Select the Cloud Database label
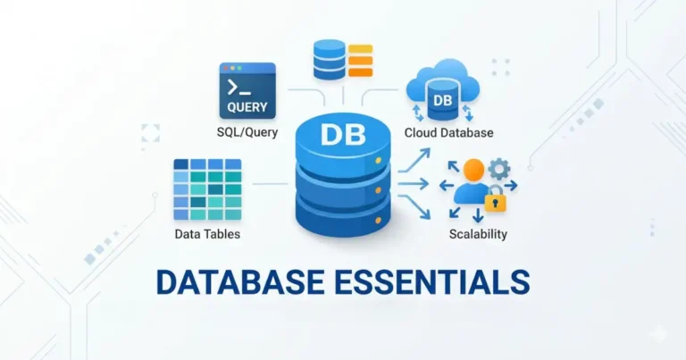(448, 133)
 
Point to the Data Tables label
(207, 234)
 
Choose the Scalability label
(478, 234)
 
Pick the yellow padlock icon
(495, 201)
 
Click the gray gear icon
(499, 170)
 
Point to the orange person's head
(473, 170)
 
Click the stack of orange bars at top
(360, 61)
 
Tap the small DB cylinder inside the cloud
(443, 101)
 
